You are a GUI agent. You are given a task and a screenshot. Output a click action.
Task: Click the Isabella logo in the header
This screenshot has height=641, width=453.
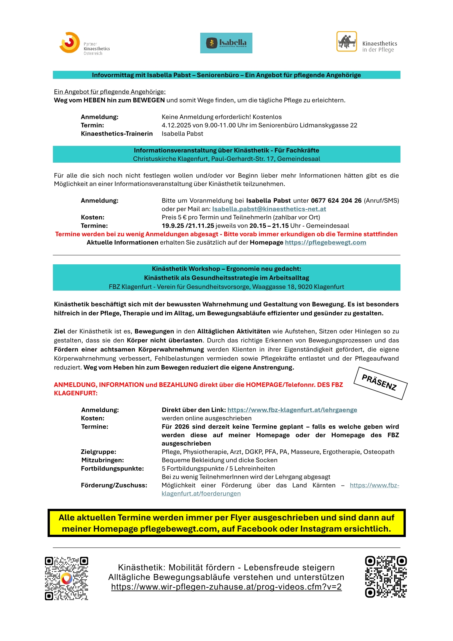(x=226, y=43)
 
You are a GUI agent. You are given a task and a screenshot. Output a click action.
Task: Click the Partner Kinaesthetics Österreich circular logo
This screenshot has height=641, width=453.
(x=69, y=42)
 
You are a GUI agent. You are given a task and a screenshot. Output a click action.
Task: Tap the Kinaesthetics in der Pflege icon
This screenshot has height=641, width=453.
(x=346, y=42)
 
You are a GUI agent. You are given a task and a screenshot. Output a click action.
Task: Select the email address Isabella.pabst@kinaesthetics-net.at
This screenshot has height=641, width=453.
(x=269, y=209)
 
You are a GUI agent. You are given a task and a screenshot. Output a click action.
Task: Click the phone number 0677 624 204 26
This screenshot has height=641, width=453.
(x=336, y=201)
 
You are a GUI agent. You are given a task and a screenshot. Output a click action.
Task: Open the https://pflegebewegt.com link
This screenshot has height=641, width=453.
(x=325, y=243)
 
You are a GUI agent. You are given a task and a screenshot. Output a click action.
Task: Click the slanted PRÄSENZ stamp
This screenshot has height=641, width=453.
(x=380, y=383)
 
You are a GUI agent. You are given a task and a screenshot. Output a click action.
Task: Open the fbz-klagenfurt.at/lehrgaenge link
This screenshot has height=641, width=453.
(x=292, y=410)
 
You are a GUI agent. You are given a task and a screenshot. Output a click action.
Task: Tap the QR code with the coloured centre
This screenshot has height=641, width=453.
(x=67, y=578)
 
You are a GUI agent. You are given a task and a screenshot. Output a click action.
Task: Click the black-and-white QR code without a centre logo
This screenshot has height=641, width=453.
(x=386, y=577)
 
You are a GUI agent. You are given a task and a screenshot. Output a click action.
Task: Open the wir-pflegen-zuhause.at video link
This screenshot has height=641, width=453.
(x=226, y=587)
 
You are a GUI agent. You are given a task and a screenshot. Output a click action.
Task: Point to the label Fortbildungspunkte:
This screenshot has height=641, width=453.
(x=112, y=468)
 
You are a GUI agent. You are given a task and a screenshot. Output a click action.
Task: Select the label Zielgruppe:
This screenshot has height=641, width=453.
(x=99, y=452)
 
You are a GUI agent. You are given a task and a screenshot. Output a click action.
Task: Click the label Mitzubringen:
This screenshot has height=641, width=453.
(x=102, y=460)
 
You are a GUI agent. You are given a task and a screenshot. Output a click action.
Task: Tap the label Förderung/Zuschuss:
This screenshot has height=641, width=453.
(x=114, y=485)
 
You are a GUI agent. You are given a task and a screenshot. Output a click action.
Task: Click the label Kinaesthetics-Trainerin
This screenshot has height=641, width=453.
(x=116, y=134)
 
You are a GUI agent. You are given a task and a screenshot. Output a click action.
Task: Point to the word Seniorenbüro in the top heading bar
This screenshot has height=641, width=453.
(x=218, y=75)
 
